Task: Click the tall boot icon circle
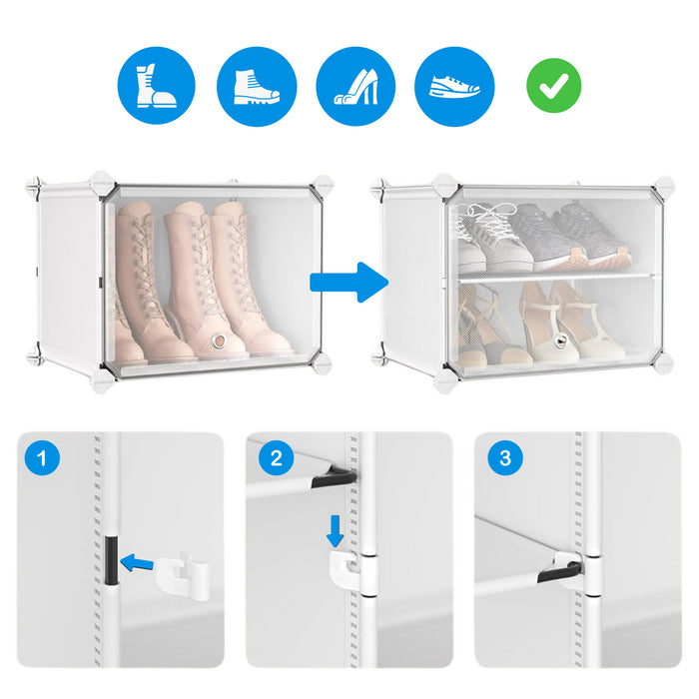click(x=156, y=85)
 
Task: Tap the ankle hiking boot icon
click(x=257, y=87)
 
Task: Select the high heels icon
click(x=355, y=87)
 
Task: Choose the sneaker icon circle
click(x=454, y=87)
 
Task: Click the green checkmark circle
click(x=553, y=85)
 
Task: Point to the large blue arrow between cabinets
click(x=349, y=283)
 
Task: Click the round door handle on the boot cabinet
click(x=219, y=342)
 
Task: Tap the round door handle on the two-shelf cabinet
click(x=560, y=342)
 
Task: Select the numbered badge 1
click(x=42, y=457)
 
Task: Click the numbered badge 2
click(x=276, y=457)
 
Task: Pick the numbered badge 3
click(x=505, y=457)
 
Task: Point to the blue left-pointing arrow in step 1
click(x=137, y=563)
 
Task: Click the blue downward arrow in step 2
click(x=335, y=531)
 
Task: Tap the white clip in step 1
click(x=183, y=575)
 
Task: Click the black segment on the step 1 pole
click(x=111, y=560)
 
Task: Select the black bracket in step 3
click(x=560, y=572)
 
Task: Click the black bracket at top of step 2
click(x=335, y=478)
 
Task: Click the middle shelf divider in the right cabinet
click(x=555, y=277)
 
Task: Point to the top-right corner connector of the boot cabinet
click(x=323, y=184)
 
